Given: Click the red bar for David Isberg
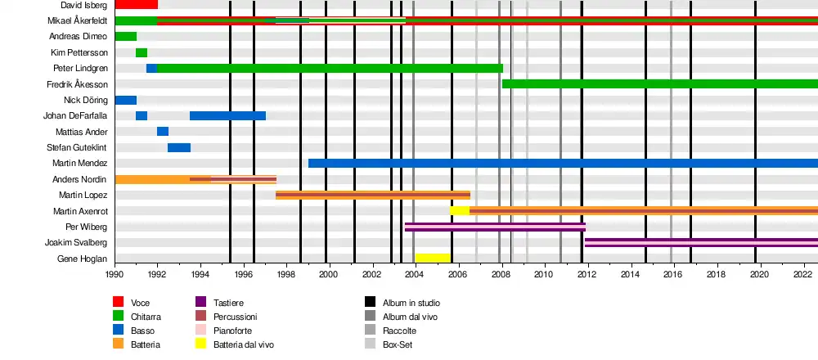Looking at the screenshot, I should [x=136, y=5].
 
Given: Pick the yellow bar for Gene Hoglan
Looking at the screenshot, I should [x=433, y=258].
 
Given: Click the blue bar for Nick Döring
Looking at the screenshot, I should [x=125, y=100].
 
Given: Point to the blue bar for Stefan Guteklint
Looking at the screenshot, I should [x=179, y=147].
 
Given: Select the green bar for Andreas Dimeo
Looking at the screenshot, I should [x=125, y=36].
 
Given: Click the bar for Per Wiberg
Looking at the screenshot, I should [x=495, y=227].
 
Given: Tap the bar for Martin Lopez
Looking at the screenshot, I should [x=373, y=195].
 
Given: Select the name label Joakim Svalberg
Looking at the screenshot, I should [x=76, y=242].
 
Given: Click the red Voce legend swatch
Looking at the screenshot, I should [x=119, y=303].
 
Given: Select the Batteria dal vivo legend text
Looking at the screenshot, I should [x=244, y=344].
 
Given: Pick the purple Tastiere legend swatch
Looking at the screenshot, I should [x=200, y=303].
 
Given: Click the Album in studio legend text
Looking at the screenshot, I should [x=411, y=303].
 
